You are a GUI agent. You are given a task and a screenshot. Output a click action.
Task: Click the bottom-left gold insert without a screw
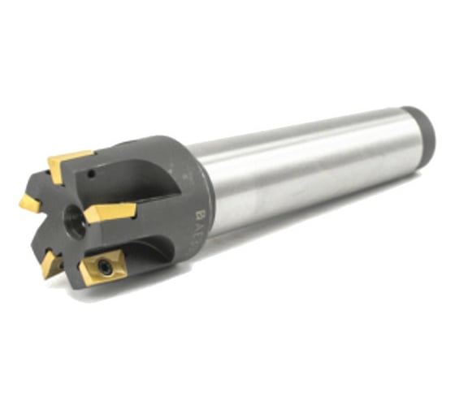pos(52,261)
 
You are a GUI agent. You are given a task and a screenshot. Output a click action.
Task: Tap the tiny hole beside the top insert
pos(93,173)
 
